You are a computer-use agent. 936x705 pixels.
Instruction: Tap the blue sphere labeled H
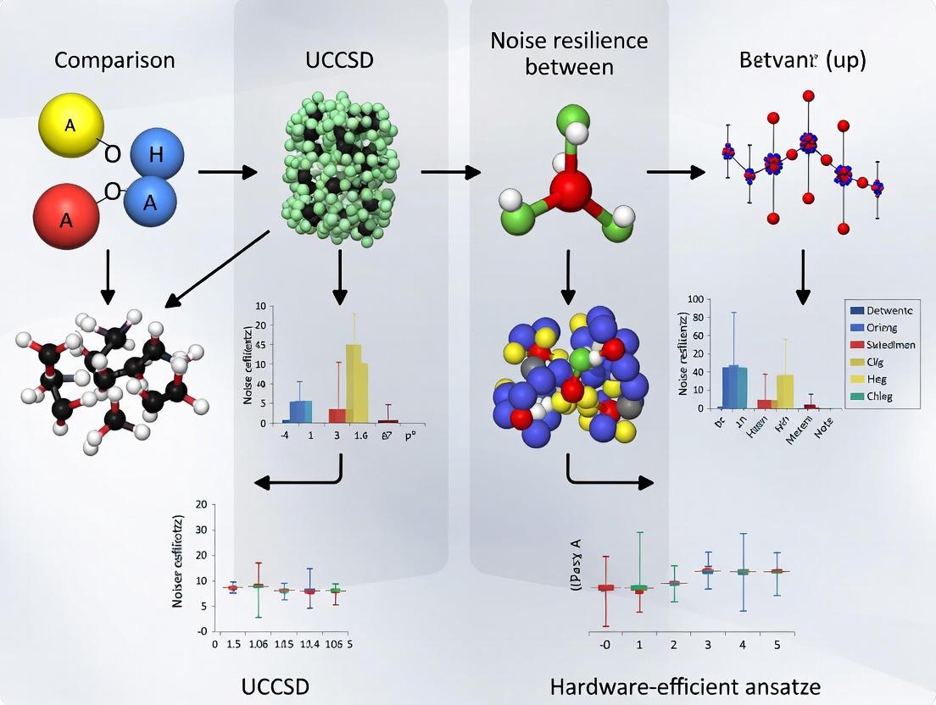155,155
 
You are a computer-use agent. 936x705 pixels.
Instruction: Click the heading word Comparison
114,60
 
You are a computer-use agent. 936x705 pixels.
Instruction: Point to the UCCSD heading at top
339,60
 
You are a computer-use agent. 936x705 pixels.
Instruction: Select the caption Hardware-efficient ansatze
685,685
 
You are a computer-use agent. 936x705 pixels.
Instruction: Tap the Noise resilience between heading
569,53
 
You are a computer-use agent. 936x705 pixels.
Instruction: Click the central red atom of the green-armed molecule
570,187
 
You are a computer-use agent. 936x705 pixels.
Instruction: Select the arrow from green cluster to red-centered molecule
449,172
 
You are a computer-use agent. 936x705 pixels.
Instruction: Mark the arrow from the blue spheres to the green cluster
226,172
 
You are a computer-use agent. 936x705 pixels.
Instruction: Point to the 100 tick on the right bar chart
695,298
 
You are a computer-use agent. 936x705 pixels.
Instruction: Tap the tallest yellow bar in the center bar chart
354,383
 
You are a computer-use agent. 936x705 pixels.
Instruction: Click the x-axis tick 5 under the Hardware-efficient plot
777,645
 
